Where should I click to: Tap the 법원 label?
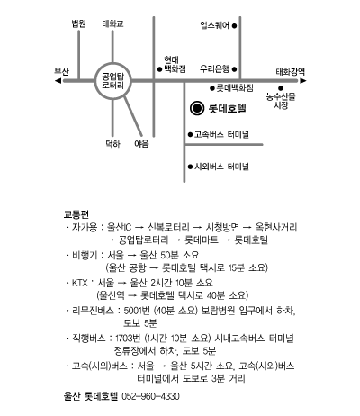[x=79, y=23]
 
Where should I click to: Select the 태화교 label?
[x=112, y=23]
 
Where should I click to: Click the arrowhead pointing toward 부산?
[x=58, y=81]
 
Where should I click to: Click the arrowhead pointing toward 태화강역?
[x=303, y=80]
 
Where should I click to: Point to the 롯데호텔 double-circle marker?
[x=197, y=108]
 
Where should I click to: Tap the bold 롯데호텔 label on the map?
[x=228, y=108]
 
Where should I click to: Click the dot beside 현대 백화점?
[x=159, y=69]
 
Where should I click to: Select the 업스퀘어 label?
[x=214, y=25]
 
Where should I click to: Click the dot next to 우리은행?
[x=234, y=69]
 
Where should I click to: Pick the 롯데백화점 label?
[x=235, y=88]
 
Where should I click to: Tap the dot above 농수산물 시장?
[x=281, y=88]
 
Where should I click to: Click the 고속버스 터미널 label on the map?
[x=221, y=134]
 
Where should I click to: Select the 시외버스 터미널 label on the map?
[x=221, y=167]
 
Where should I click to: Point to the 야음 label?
[x=141, y=144]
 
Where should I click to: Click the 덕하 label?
[x=112, y=144]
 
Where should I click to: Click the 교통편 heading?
[x=76, y=214]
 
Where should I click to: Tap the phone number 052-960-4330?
[x=150, y=396]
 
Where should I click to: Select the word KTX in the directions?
[x=80, y=283]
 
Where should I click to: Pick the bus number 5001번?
[x=137, y=311]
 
